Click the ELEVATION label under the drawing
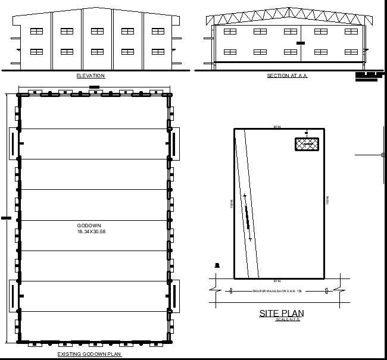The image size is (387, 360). [90, 76]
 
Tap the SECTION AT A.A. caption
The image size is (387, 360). [287, 76]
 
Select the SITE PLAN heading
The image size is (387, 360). [282, 313]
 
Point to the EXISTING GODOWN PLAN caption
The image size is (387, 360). [89, 354]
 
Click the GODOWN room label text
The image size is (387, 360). [89, 226]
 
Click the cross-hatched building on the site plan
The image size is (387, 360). [306, 143]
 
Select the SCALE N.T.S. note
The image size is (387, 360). [288, 320]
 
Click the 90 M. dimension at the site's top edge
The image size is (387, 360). [277, 127]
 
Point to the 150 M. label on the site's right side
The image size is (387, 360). [327, 201]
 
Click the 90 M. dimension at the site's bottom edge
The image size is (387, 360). [277, 280]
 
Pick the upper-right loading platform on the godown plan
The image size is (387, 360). [174, 142]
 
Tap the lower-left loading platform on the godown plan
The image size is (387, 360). [13, 295]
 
